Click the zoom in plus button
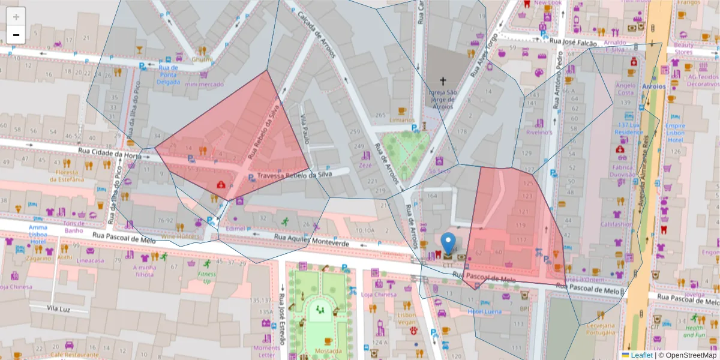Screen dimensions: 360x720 tap(16, 16)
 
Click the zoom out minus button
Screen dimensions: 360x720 tap(16, 35)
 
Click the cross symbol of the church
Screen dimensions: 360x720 tap(443, 80)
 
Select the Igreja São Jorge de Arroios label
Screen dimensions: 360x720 tap(443, 99)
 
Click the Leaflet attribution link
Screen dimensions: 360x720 tap(641, 355)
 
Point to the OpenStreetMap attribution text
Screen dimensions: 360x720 tap(689, 355)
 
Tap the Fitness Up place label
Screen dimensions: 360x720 tap(207, 277)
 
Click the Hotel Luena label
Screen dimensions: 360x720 tap(484, 311)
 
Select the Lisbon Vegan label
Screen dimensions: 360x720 tap(406, 319)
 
